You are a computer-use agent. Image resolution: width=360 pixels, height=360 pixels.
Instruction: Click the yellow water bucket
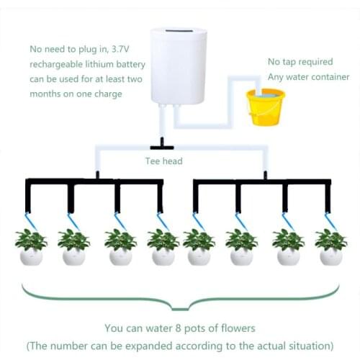(x=265, y=107)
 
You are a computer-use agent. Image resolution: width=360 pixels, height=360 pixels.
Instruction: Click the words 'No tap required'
(x=300, y=62)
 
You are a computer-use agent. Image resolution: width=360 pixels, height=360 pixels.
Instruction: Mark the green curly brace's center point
(x=180, y=302)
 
